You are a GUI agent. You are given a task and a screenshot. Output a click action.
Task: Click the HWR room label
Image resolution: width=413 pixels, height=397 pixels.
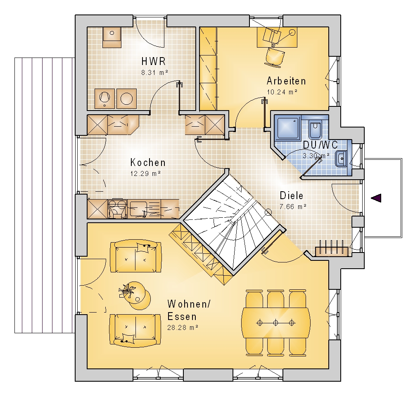click(x=154, y=61)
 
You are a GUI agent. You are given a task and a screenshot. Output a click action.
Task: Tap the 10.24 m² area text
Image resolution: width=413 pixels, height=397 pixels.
click(x=282, y=92)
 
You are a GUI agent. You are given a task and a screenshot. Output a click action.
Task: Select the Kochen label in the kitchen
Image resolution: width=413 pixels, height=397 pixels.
click(x=148, y=163)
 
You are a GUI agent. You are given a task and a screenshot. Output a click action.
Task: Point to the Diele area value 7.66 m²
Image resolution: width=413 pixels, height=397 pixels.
click(x=293, y=207)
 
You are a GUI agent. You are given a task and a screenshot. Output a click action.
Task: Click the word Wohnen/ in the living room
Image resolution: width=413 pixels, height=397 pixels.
click(x=189, y=304)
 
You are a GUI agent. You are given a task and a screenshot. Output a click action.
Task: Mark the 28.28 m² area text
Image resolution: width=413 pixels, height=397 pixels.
click(x=183, y=327)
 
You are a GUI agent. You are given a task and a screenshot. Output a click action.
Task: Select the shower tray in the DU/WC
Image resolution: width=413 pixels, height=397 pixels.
click(x=287, y=127)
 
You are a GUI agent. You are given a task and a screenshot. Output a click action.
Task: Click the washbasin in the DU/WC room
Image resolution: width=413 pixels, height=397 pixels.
click(x=342, y=159)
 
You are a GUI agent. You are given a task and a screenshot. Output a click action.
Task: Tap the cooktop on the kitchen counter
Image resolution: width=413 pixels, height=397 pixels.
click(x=117, y=209)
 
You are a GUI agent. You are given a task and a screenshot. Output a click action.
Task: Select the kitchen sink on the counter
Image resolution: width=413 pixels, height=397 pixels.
click(x=138, y=209)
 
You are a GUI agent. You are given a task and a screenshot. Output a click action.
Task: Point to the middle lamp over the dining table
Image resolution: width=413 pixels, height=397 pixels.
click(x=275, y=322)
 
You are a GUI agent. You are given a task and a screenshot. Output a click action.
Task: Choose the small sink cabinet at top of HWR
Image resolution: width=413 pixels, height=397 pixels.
click(x=112, y=37)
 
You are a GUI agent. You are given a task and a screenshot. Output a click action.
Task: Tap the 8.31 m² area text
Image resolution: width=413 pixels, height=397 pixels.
click(x=154, y=72)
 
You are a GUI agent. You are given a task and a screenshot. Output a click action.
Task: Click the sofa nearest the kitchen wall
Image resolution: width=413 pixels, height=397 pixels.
click(x=135, y=256)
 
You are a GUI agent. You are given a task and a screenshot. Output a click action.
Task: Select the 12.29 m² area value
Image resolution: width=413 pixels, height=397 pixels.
click(x=146, y=174)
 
